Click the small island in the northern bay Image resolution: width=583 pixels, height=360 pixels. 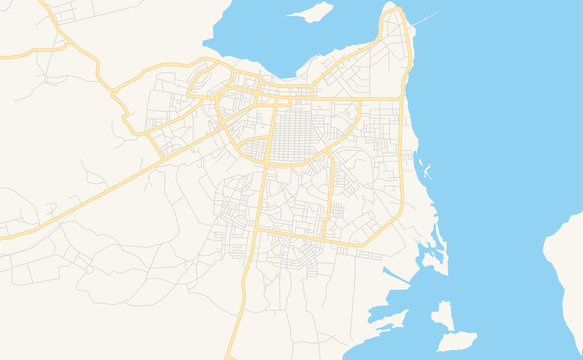pos(310,12)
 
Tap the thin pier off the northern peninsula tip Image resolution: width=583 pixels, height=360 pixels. pos(425,18)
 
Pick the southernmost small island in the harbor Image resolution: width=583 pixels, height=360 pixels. pos(455,341)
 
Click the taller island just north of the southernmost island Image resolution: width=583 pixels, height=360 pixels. pos(441,315)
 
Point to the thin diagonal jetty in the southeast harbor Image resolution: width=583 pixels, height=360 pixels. pos(395,274)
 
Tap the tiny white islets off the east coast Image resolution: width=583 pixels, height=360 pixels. pos(427,169)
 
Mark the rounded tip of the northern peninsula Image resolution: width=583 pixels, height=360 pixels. pos(393,12)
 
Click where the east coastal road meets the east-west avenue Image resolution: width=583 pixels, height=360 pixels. pos(403,99)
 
